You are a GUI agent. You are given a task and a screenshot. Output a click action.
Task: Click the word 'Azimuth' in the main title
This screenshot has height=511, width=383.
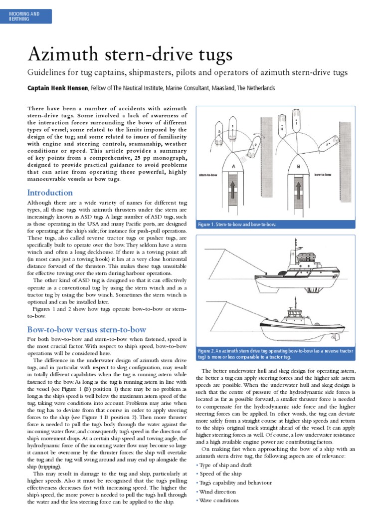pyautogui.click(x=60, y=54)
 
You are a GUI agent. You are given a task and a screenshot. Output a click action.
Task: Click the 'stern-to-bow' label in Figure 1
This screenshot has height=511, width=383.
pyautogui.click(x=209, y=176)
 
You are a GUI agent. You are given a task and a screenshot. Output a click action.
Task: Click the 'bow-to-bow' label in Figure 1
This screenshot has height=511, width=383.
pyautogui.click(x=323, y=175)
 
